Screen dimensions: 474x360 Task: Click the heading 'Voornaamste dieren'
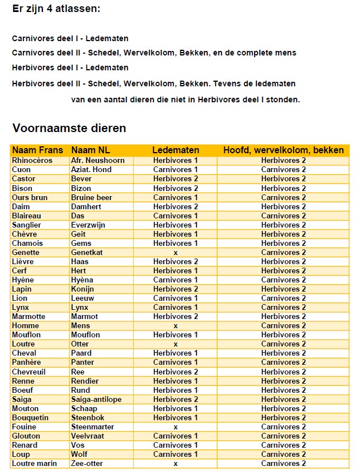[x=69, y=128]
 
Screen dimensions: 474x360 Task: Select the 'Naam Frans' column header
[x=38, y=150]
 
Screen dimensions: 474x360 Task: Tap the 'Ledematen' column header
[x=175, y=150]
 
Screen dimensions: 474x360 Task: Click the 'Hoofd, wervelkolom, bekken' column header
[x=283, y=150]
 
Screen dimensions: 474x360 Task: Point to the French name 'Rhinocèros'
[x=32, y=161]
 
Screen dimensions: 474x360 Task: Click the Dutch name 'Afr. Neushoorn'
[x=98, y=161]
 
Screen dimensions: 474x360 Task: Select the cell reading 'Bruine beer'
[x=92, y=197]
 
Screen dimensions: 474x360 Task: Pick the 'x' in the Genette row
[x=175, y=252]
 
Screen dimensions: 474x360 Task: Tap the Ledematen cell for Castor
[x=175, y=179]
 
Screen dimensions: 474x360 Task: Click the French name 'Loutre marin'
[x=34, y=463]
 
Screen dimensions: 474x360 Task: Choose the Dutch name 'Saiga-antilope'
[x=96, y=399]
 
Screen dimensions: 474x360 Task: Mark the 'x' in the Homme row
[x=175, y=326]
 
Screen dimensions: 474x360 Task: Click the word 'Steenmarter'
[x=93, y=427]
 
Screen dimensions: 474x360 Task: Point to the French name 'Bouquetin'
[x=30, y=417]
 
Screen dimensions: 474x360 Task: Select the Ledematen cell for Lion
[x=175, y=298]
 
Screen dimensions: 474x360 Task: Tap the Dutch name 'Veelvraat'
[x=88, y=436]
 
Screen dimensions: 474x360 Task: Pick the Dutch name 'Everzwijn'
[x=89, y=225]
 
